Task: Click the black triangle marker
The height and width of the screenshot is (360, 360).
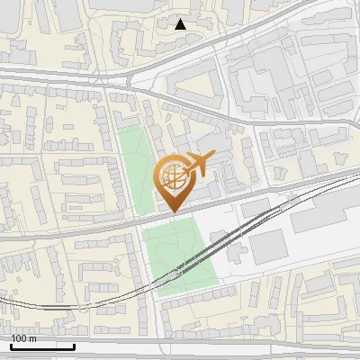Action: tap(180, 24)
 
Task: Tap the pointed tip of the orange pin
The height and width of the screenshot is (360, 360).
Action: tap(171, 211)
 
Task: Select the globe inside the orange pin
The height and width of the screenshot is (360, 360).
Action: tap(171, 175)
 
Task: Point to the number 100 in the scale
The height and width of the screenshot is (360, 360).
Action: tap(21, 338)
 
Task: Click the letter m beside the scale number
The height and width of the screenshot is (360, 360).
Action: tap(34, 338)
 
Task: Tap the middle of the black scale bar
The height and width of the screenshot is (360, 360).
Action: tap(42, 346)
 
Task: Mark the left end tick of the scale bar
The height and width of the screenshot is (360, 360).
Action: tap(11, 346)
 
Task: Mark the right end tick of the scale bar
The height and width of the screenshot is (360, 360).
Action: tap(74, 346)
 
